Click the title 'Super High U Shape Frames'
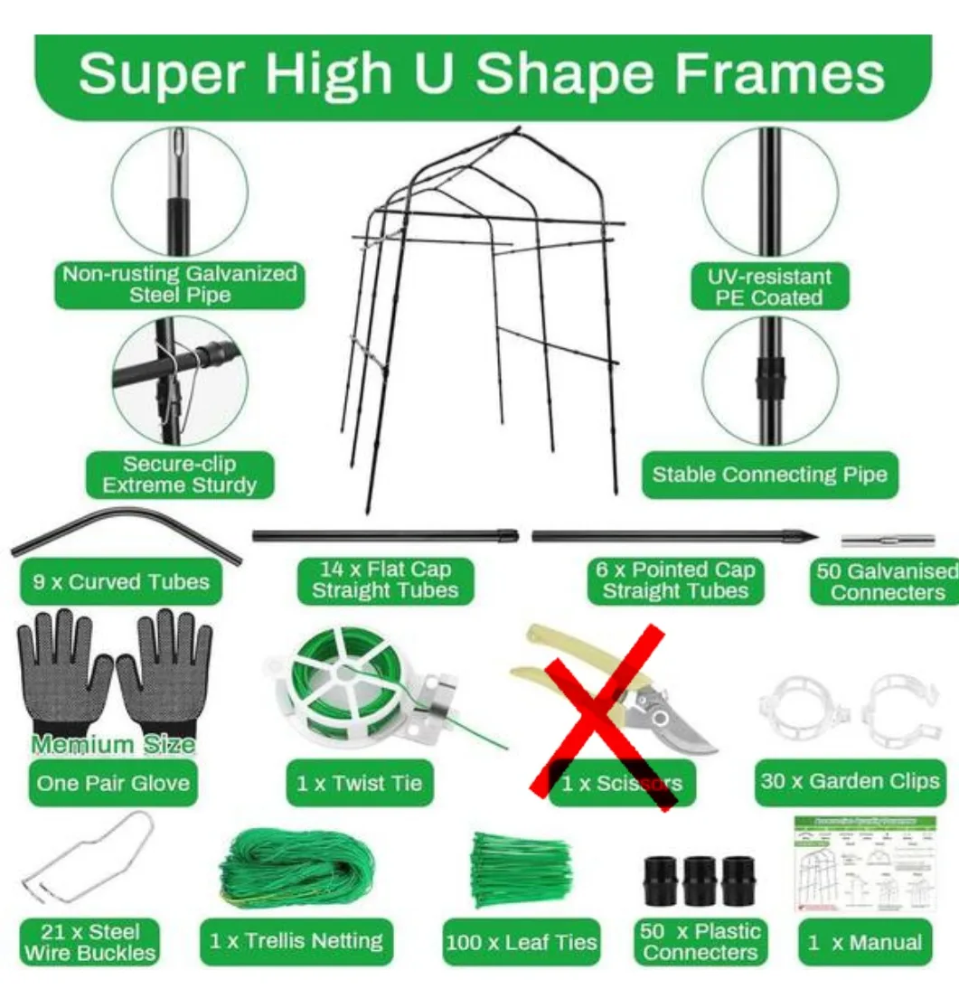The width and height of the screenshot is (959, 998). coord(481,75)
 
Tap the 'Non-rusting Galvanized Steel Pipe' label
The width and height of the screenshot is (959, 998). coord(180,284)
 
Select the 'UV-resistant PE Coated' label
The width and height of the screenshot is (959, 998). coord(769,287)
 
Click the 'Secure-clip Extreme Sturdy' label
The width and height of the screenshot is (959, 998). coord(179,475)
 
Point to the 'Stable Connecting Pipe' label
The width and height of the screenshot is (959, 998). coord(769,475)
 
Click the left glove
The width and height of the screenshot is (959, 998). coord(64,669)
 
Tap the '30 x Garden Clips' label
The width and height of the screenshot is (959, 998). coord(850,781)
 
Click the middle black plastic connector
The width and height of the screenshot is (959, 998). coord(700,881)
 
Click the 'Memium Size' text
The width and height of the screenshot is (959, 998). coord(114,745)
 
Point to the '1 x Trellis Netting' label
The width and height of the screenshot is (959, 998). coord(296,941)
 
